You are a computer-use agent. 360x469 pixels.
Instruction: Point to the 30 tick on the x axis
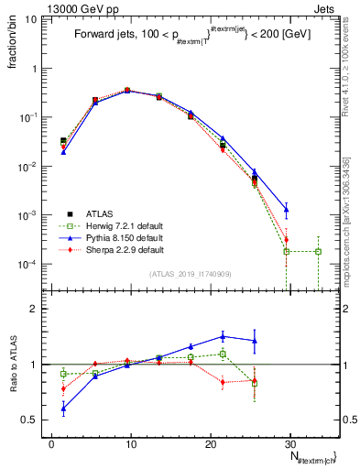pyautogui.click(x=290, y=444)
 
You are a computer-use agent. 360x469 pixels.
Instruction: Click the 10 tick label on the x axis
pyautogui.click(x=131, y=444)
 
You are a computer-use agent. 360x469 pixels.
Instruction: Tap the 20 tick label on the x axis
pyautogui.click(x=211, y=444)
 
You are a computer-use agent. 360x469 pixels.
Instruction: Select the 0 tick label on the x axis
pyautogui.click(x=52, y=444)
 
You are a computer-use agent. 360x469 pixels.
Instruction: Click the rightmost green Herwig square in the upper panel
pyautogui.click(x=318, y=251)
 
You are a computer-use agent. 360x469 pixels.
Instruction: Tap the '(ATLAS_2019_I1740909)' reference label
pyautogui.click(x=189, y=274)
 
